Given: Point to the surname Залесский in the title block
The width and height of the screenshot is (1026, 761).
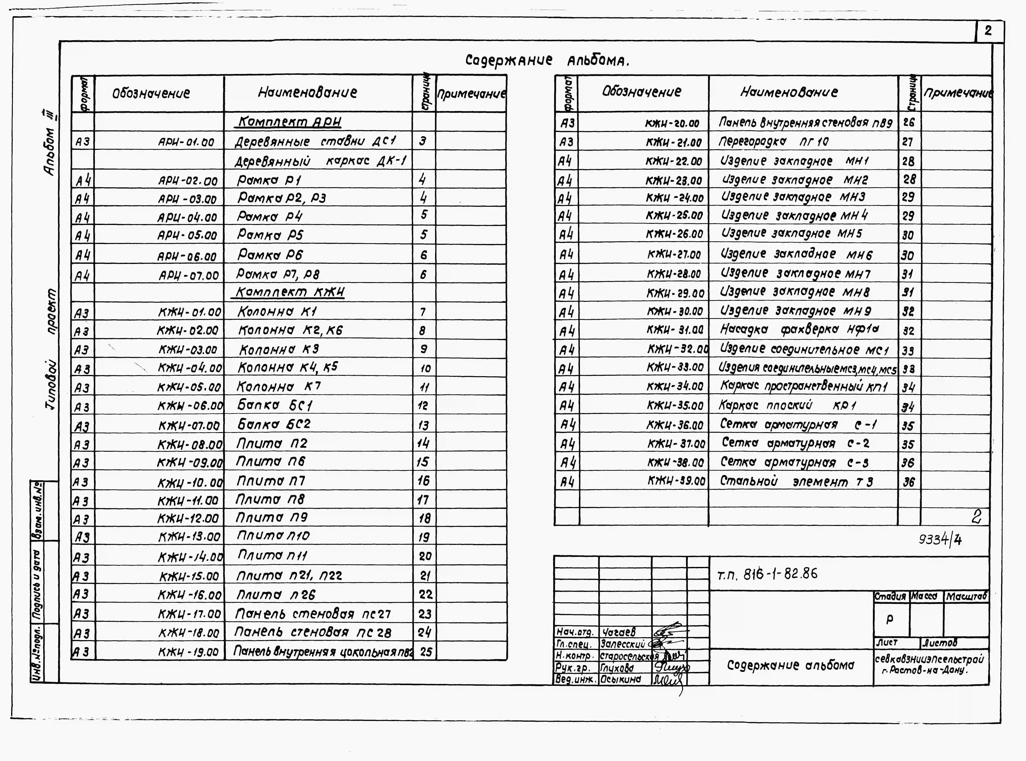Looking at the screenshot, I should click(x=623, y=644).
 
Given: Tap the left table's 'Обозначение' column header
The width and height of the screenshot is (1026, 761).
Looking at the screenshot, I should click(x=151, y=94).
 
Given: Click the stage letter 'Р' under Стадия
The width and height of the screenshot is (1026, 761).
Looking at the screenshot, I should click(x=890, y=620).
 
